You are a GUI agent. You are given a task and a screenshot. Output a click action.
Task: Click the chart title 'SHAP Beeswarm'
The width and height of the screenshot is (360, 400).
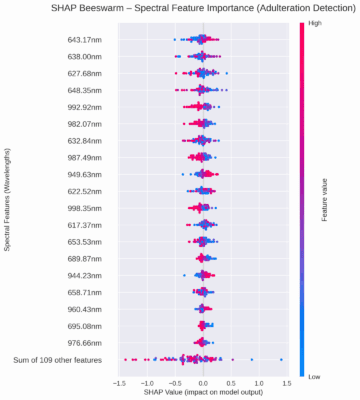click(180, 9)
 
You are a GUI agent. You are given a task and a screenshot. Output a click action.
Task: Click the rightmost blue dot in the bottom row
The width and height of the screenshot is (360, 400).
click(281, 358)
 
